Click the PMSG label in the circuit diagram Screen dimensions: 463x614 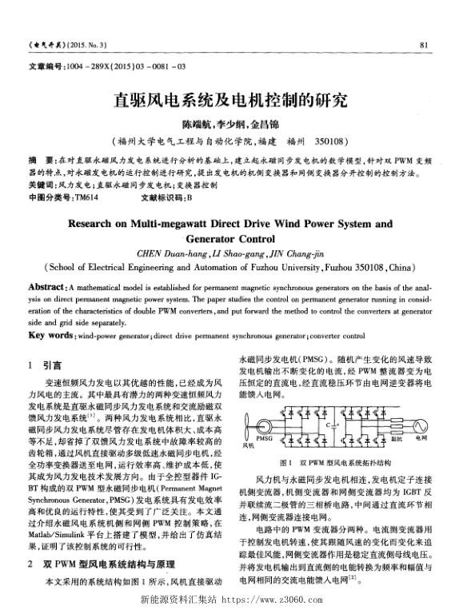[x=265, y=439]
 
